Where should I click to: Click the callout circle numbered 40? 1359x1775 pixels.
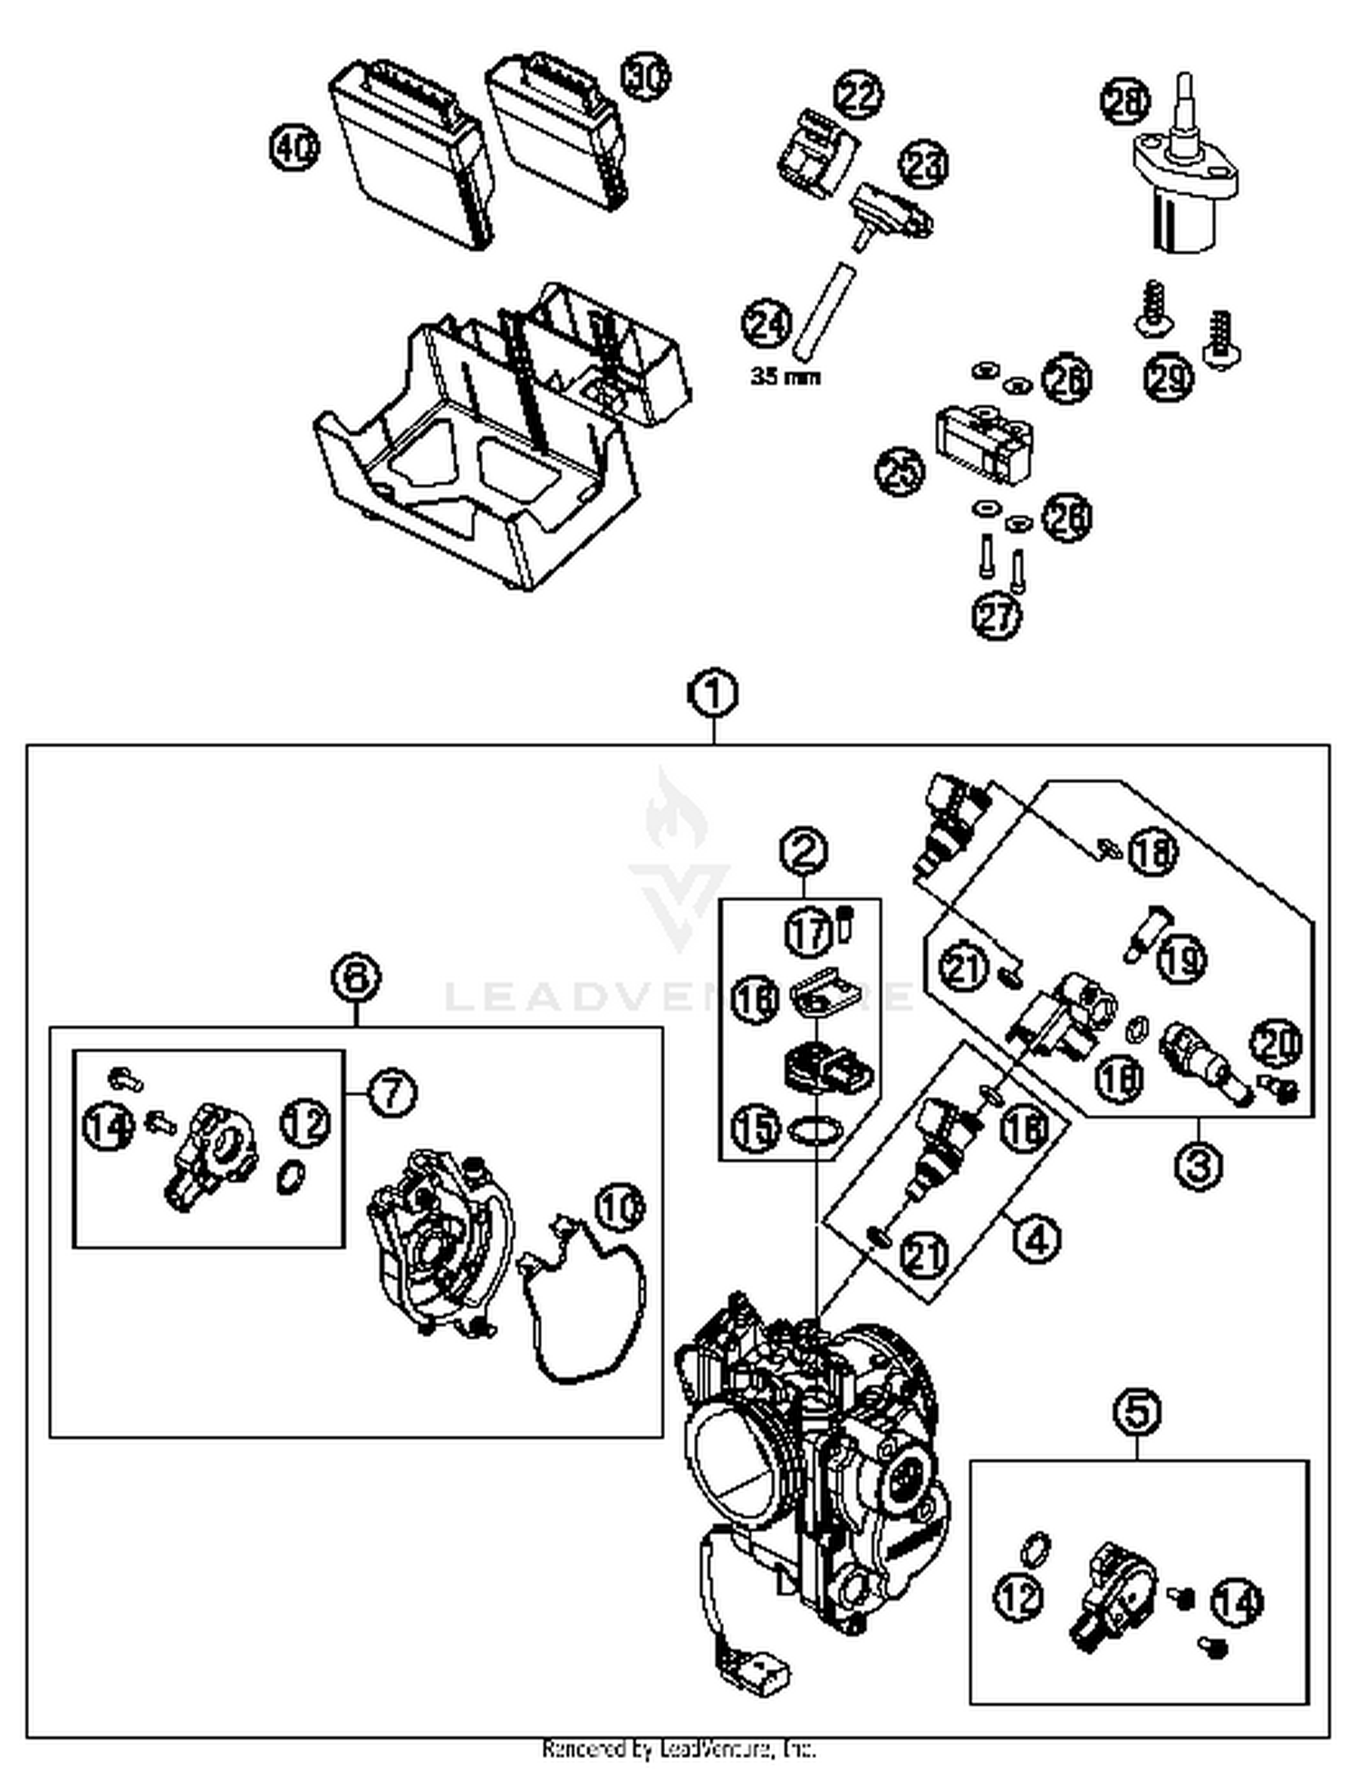click(x=294, y=148)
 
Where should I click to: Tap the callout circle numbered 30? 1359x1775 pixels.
click(x=646, y=77)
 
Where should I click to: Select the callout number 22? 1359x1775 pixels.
click(x=858, y=96)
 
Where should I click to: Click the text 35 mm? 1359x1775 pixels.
click(x=785, y=376)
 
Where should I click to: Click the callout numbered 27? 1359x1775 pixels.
click(x=998, y=617)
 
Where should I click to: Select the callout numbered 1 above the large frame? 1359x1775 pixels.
click(x=714, y=694)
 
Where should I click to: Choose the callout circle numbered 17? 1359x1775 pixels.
click(x=807, y=931)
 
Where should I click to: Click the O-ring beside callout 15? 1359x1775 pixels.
click(x=815, y=1130)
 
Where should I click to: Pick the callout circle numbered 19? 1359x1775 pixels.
click(x=1182, y=958)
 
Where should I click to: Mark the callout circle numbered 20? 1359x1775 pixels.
click(x=1277, y=1044)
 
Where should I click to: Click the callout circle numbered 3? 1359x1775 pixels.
click(x=1198, y=1164)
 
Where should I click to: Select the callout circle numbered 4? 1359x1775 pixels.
click(x=1036, y=1237)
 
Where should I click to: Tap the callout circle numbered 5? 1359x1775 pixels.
click(x=1138, y=1411)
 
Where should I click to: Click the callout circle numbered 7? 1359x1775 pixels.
click(x=391, y=1093)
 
